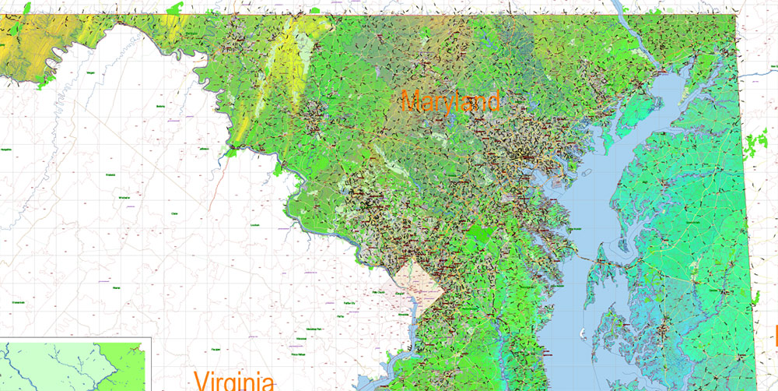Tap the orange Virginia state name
pyautogui.click(x=234, y=381)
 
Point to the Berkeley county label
pyautogui.click(x=162, y=106)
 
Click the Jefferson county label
pyautogui.click(x=204, y=148)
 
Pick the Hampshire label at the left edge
pyautogui.click(x=6, y=149)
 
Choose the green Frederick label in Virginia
pyautogui.click(x=110, y=174)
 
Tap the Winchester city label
pyautogui.click(x=124, y=198)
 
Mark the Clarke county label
pyautogui.click(x=173, y=213)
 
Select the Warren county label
pyautogui.click(x=117, y=287)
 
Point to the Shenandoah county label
pyautogui.click(x=19, y=302)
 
